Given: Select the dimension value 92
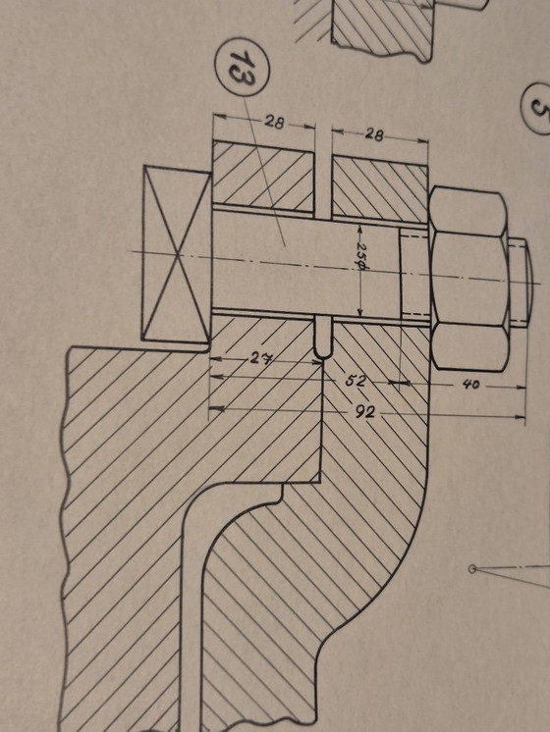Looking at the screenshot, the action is coord(367,411).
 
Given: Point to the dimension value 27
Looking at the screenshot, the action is coord(259,359).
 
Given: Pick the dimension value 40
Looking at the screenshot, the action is coord(471,386).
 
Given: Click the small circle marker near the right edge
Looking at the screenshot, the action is coord(472,568).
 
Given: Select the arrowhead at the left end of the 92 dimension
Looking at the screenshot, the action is coord(217,407).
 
